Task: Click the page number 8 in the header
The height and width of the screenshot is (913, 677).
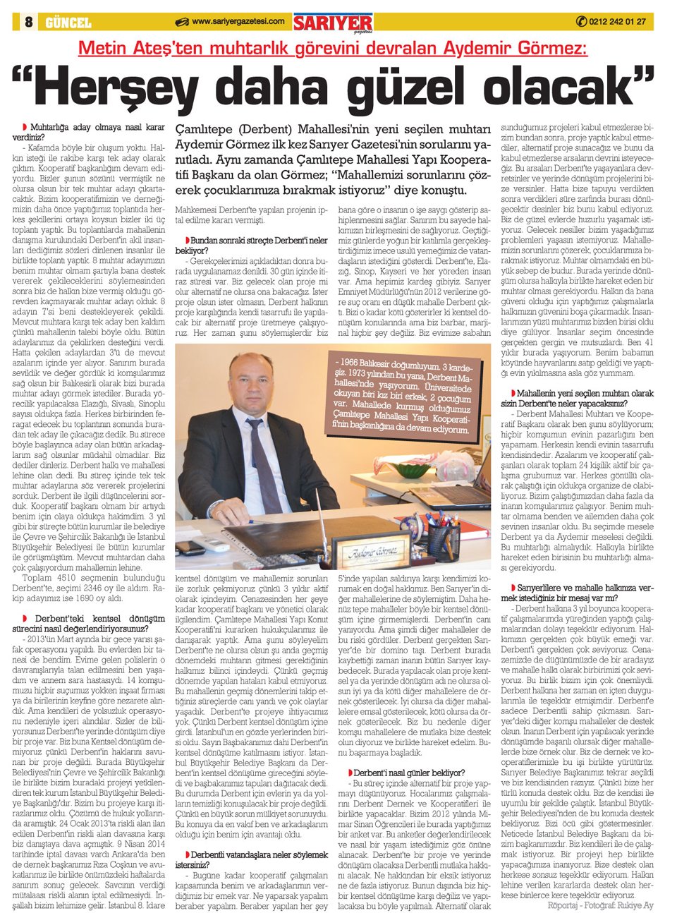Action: [28, 22]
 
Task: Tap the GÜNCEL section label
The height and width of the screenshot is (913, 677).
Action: [68, 23]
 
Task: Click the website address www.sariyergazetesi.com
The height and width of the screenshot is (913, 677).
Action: [238, 22]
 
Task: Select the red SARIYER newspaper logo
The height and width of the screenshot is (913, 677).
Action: [333, 23]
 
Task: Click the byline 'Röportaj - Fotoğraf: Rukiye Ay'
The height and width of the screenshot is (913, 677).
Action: [599, 905]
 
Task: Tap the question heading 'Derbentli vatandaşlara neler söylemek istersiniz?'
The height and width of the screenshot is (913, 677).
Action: [251, 859]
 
